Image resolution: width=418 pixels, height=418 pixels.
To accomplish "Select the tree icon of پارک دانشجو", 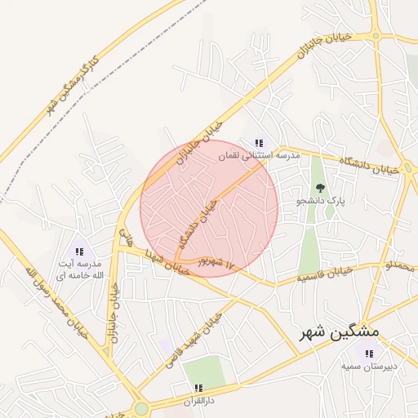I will click(x=318, y=188).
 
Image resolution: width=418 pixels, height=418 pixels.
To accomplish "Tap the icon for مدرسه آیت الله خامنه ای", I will click(x=79, y=251).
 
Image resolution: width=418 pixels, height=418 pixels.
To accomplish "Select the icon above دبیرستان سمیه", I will click(x=369, y=354).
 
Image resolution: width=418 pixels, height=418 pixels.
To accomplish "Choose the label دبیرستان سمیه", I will click(x=369, y=366).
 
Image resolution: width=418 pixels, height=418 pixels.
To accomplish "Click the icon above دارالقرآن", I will click(x=197, y=388).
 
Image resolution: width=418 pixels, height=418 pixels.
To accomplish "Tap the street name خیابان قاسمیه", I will click(x=325, y=273).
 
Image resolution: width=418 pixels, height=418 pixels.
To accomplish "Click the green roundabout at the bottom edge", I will click(x=141, y=408).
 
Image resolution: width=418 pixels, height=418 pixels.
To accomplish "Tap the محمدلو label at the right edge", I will click(x=400, y=266).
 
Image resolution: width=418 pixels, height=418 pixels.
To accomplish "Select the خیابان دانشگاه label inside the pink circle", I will click(x=198, y=225).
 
